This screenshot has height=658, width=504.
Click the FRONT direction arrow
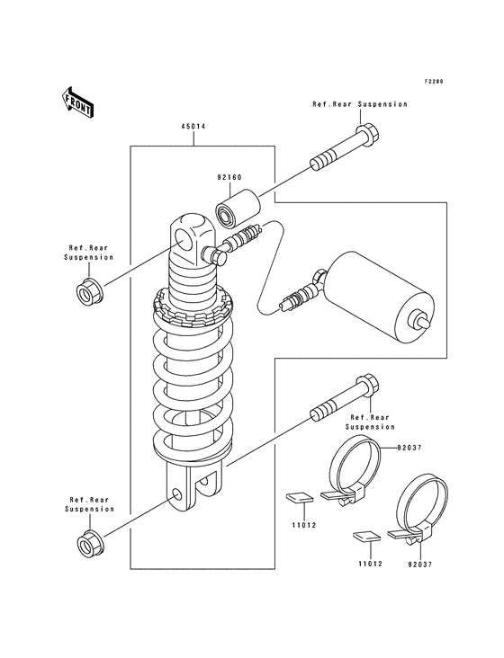click(78, 102)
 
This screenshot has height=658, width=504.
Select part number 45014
click(193, 127)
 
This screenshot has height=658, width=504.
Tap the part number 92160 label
click(229, 177)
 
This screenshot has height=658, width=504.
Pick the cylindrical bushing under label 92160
click(238, 209)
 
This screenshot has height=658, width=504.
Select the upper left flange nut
click(90, 292)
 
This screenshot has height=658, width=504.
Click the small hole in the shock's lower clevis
click(177, 494)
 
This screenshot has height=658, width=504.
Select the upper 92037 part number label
click(409, 448)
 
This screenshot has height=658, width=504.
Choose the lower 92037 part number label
click(419, 565)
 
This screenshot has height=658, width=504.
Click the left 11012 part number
click(304, 525)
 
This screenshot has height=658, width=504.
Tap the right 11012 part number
click(371, 564)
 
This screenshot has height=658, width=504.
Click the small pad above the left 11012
click(300, 497)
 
